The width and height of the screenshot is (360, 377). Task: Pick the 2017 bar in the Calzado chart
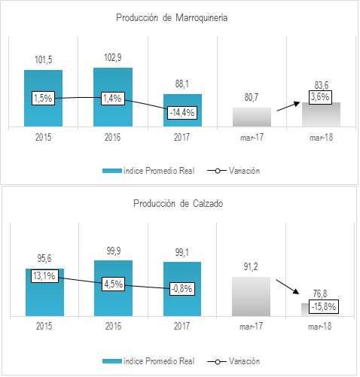pos(182,290)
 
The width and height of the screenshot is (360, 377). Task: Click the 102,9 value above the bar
pos(112,58)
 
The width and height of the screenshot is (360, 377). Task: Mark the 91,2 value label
pos(252,266)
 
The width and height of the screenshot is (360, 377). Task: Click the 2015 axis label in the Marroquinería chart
pos(43,138)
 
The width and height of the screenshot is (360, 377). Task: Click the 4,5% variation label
pos(113,284)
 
